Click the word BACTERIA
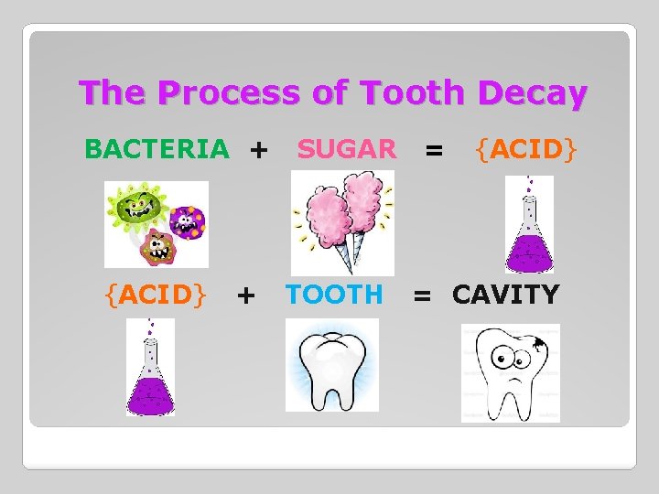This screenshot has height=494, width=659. click(157, 148)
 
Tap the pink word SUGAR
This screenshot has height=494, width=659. click(347, 148)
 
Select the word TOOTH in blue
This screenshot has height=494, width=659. click(334, 295)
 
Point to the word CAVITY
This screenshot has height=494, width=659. click(505, 295)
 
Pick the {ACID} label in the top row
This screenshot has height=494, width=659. click(525, 148)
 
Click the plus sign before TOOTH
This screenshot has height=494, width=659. click(245, 295)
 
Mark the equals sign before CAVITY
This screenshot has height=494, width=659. click(422, 295)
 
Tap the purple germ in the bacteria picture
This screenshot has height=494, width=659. click(189, 219)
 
